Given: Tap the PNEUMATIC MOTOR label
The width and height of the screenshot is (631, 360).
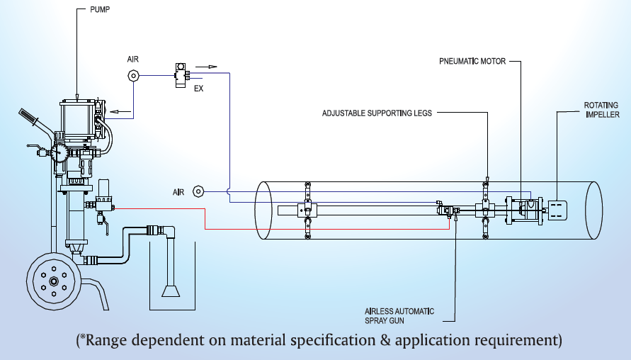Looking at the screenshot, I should click(472, 62).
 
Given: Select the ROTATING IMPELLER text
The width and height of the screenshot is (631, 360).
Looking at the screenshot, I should click(601, 109).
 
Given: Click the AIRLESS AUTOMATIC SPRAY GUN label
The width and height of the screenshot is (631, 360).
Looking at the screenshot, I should click(399, 315).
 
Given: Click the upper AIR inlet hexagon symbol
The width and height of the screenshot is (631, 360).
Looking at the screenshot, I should click(133, 75).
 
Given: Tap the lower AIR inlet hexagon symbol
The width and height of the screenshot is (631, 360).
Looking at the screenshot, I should click(199, 191).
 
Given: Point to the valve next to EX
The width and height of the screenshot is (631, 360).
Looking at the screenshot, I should click(181, 73).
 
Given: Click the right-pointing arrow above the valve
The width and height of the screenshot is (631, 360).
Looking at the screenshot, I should click(208, 66).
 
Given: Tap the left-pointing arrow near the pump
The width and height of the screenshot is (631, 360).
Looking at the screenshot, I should click(121, 111).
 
